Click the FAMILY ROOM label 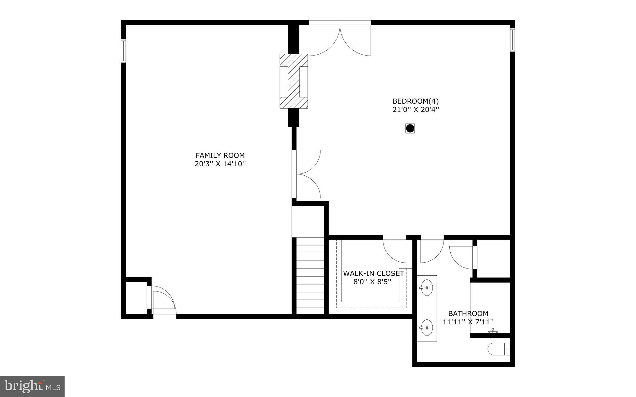[220, 155]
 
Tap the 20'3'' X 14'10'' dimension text [220, 164]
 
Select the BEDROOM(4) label [416, 101]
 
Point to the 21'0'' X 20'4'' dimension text [416, 110]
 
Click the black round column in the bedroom [410, 128]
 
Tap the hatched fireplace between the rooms [293, 81]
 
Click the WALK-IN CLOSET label [373, 273]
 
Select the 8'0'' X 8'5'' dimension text [372, 282]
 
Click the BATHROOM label [468, 314]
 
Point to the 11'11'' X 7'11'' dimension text [468, 322]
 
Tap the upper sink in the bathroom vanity [427, 287]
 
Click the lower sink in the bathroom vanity [427, 327]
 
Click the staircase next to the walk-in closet [310, 276]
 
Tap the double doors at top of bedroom [340, 39]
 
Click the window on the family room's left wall [123, 51]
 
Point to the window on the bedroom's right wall [512, 40]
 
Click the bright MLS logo [32, 386]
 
